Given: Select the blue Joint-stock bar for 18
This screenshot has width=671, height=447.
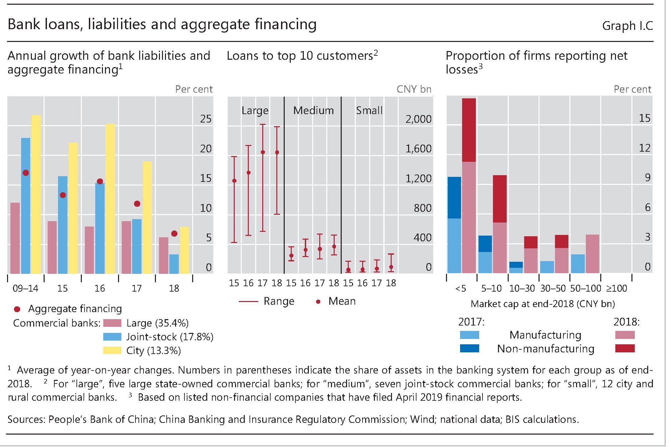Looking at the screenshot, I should (174, 264).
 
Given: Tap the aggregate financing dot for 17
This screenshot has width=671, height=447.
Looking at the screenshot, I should (137, 204).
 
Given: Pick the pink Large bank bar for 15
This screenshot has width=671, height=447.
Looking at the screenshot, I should (52, 247).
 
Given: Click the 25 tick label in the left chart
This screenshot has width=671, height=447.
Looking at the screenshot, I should (206, 119).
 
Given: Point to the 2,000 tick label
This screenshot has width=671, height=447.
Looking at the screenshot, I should (418, 119).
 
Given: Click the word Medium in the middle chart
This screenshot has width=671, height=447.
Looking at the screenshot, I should (313, 110).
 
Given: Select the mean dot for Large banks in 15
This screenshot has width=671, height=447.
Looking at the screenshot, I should (234, 181).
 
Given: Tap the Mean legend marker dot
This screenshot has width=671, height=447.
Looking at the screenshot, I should (318, 302).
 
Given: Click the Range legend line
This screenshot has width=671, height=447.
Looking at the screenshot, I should (248, 302).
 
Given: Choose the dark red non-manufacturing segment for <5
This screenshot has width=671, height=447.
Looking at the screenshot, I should (469, 130).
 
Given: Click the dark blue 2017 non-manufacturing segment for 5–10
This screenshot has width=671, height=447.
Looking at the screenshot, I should (485, 244).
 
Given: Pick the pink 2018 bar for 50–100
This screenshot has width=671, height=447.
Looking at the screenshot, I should (592, 254).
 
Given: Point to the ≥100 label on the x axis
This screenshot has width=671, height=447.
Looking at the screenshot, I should (616, 288).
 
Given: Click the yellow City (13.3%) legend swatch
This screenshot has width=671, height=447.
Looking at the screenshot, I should (112, 350).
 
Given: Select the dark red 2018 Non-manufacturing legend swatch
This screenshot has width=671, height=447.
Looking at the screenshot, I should (625, 348).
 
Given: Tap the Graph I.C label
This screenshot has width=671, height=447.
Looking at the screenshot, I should (627, 26).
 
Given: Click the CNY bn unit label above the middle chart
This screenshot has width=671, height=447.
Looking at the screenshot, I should (413, 89).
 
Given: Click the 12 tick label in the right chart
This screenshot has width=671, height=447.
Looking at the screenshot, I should (644, 148).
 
